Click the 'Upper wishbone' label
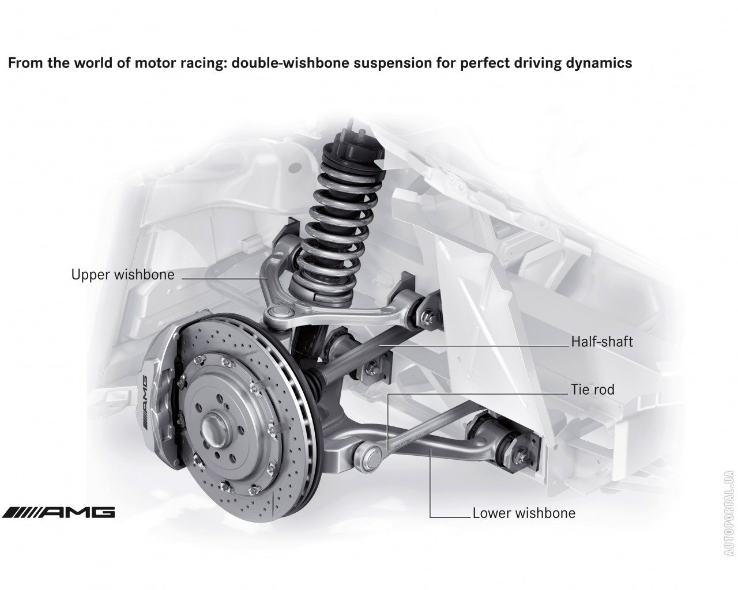122,275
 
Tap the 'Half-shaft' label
602,342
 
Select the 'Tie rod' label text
593,389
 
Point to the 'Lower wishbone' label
524,513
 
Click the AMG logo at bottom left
58,512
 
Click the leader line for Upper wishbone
225,277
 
